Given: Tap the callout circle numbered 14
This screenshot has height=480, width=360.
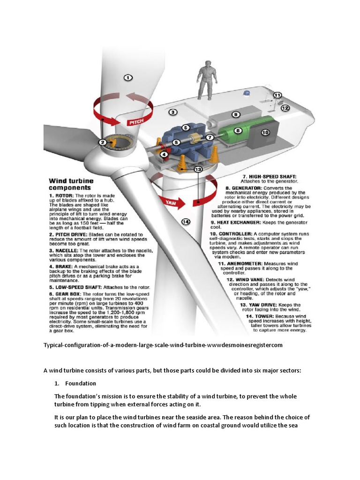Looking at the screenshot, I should click(186, 222).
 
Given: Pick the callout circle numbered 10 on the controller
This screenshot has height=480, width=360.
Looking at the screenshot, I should click(265, 133).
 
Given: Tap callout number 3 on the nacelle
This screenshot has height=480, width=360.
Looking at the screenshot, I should click(172, 112).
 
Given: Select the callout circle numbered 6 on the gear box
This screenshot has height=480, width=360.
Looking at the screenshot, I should click(186, 127).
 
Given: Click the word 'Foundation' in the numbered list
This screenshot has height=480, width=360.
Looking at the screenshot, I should click(81, 383).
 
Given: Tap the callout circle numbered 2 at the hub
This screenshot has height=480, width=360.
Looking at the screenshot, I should click(102, 142).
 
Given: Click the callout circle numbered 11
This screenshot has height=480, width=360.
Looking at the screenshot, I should click(277, 95).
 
